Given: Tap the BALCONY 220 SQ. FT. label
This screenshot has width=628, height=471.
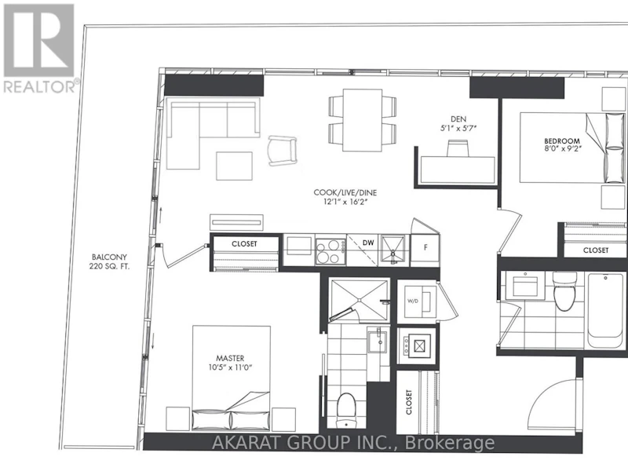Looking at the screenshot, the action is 109,261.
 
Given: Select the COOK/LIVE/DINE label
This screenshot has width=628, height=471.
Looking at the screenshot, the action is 345,192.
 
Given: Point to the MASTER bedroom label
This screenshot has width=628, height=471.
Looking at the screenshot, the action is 230,358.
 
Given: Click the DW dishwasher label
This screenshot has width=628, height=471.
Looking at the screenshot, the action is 368,243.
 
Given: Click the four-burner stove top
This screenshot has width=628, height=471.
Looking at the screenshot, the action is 330,250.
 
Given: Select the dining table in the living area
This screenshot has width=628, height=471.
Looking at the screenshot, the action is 363,120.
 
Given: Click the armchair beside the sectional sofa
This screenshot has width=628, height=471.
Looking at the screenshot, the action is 283,151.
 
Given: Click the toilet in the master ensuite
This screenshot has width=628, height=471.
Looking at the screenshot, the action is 345,410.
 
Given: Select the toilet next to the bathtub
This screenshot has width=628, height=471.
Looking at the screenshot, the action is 564,290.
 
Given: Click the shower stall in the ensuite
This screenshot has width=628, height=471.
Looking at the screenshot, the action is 359,300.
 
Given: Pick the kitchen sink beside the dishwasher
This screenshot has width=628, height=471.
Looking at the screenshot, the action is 393,250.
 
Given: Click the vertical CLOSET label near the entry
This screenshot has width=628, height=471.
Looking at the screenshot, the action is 408,402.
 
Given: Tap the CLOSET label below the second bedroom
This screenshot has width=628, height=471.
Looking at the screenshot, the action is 596,250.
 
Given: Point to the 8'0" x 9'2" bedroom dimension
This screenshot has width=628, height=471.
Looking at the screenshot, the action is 561,148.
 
